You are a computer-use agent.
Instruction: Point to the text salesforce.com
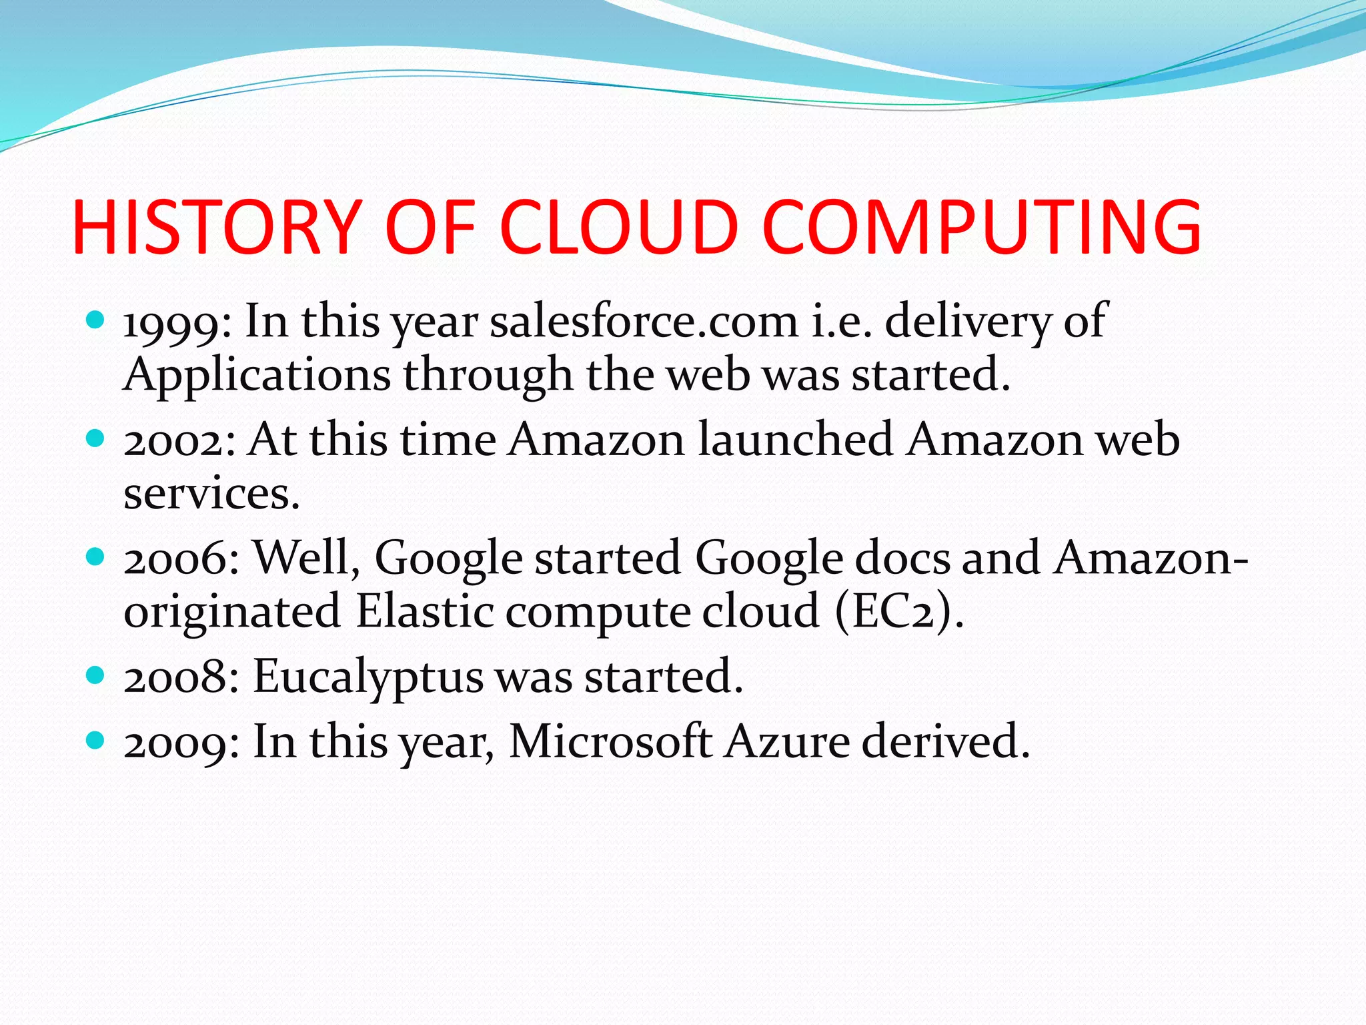pos(644,322)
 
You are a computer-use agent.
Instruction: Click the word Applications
pos(257,376)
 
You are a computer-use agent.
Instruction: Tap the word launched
pos(795,440)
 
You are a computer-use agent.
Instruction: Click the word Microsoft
pos(610,741)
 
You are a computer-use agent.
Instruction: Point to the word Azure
pos(787,741)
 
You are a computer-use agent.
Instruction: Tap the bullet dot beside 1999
pos(96,320)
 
